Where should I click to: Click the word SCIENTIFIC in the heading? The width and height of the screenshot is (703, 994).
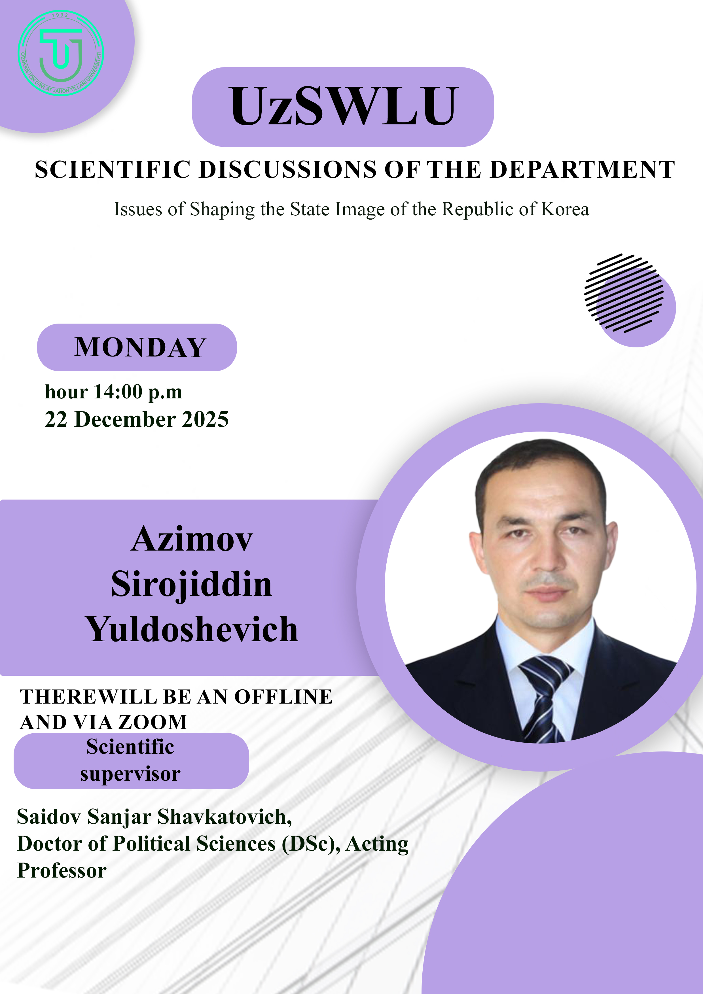point(113,169)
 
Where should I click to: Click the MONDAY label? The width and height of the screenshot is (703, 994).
point(140,347)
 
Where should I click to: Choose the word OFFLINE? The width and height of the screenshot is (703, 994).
point(284,696)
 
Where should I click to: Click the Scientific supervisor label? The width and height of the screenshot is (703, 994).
point(130,760)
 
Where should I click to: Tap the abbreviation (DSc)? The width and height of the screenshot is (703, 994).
point(311,844)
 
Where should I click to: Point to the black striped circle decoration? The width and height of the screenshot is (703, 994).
point(624,293)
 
